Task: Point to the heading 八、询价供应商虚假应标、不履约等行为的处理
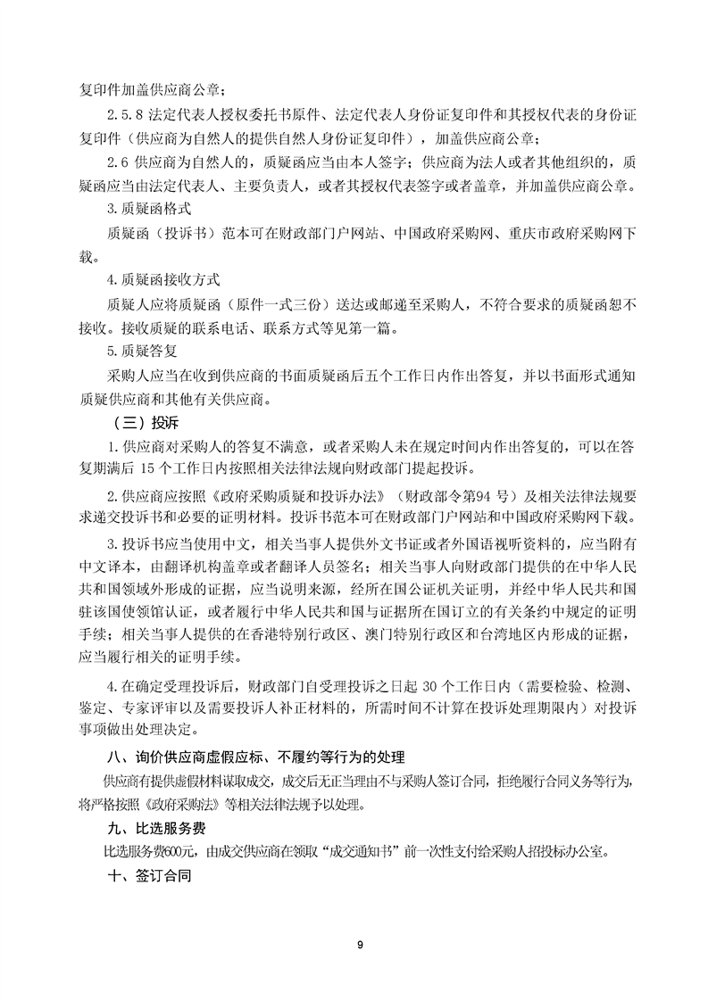(255, 758)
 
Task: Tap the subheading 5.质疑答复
(137, 351)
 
